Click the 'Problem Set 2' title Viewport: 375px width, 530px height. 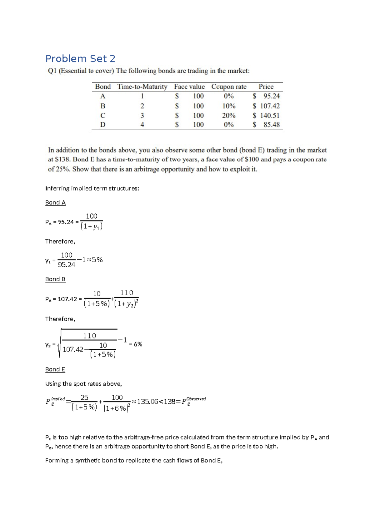point(80,59)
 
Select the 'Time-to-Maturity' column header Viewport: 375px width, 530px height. point(142,87)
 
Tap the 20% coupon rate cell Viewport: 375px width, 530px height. point(228,115)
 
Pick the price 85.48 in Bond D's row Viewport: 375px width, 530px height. point(271,125)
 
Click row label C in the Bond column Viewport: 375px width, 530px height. point(102,115)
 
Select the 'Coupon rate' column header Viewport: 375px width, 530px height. point(229,87)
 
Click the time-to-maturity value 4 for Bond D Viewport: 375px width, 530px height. point(142,125)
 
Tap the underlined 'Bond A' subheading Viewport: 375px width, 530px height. point(55,202)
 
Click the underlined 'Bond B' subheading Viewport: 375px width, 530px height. point(55,279)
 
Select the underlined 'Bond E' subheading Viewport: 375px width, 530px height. point(55,369)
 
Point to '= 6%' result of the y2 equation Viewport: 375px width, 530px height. point(136,344)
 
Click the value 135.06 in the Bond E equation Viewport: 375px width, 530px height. point(147,402)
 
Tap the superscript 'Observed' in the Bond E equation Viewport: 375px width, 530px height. point(196,399)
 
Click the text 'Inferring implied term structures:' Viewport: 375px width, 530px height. point(92,188)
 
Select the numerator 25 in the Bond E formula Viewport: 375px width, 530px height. point(84,397)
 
